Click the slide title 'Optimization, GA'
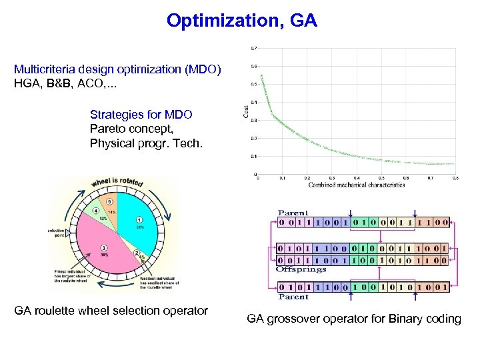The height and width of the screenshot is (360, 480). pyautogui.click(x=242, y=21)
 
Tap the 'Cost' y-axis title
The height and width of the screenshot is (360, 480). pyautogui.click(x=245, y=110)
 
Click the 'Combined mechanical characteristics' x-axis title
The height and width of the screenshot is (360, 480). pyautogui.click(x=357, y=185)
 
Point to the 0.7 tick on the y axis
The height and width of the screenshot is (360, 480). pyautogui.click(x=254, y=48)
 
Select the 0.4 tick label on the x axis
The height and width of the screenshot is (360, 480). pyautogui.click(x=356, y=178)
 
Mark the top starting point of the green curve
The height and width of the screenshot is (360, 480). pyautogui.click(x=261, y=75)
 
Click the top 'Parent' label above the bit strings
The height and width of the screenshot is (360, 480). pyautogui.click(x=293, y=213)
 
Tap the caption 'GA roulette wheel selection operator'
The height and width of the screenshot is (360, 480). pyautogui.click(x=111, y=310)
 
